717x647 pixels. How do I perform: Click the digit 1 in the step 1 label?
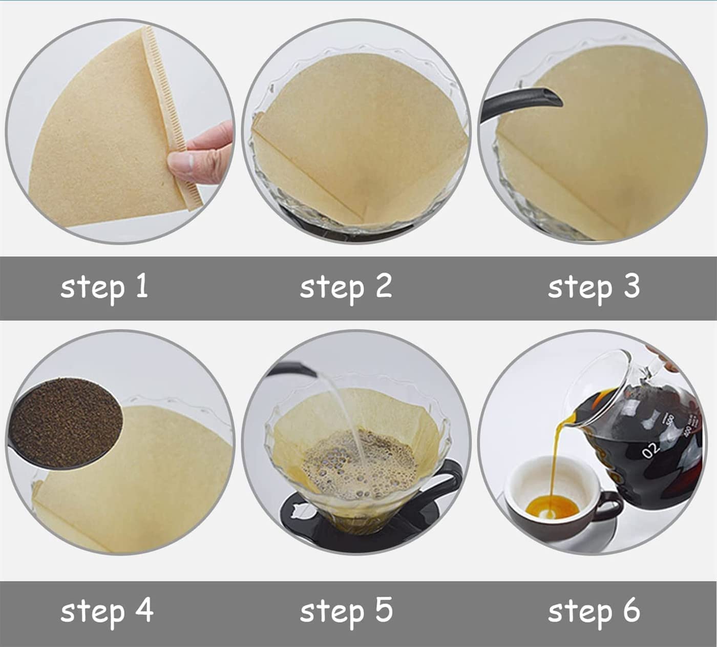pos(142,286)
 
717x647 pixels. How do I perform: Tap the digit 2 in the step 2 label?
pos(384,286)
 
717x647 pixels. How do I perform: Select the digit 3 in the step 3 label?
pos(631,286)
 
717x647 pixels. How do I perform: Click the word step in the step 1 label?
pos(93,289)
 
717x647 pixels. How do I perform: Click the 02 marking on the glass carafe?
pos(650,451)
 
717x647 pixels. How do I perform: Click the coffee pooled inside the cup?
pos(552,507)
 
